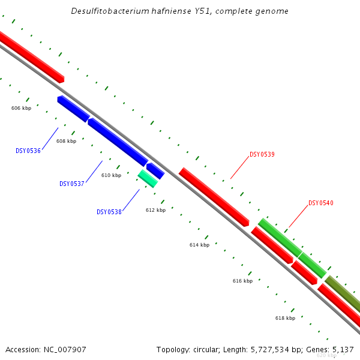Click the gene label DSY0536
(28, 151)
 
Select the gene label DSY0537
(71, 184)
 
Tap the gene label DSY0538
(109, 212)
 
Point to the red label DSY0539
(262, 155)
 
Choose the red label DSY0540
(320, 203)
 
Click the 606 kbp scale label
(21, 109)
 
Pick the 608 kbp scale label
(66, 142)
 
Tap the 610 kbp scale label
(111, 176)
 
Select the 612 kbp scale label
(155, 211)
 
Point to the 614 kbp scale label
(199, 245)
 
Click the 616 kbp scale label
(242, 281)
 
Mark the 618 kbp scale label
(285, 318)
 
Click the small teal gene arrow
(148, 178)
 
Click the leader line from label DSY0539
(240, 168)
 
